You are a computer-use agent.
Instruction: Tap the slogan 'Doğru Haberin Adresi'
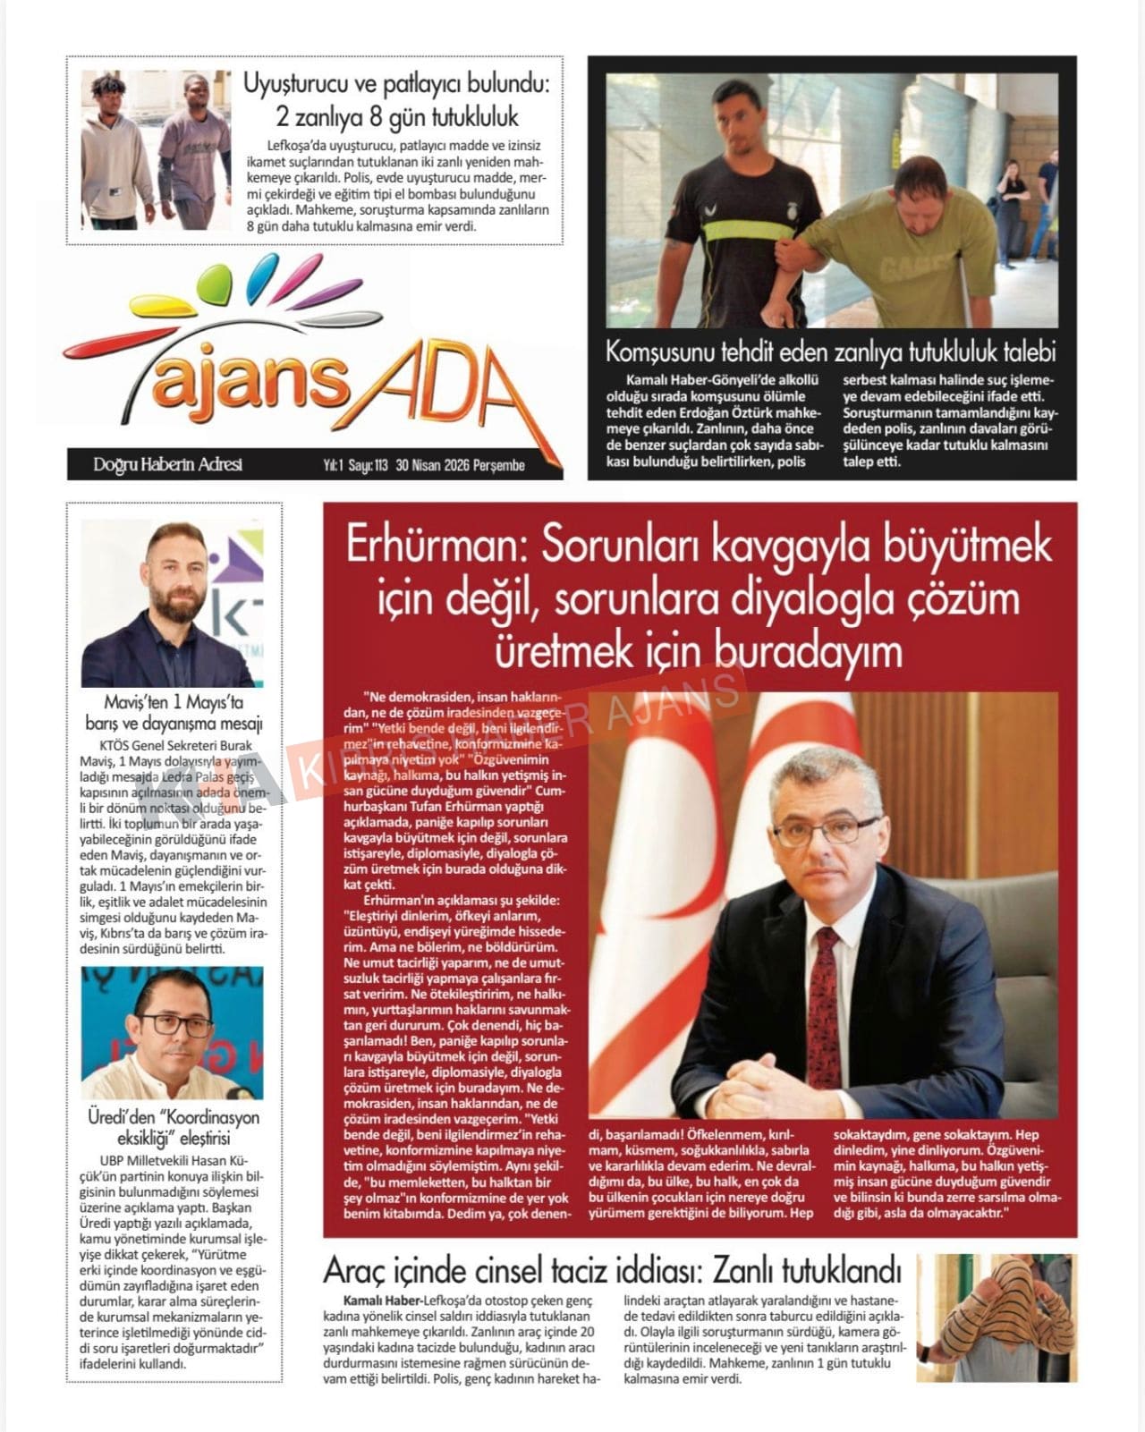167,464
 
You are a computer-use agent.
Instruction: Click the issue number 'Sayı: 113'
369,465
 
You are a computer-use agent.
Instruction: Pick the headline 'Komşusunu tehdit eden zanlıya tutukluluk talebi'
831,351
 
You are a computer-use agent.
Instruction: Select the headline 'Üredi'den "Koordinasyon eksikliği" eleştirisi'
174,1128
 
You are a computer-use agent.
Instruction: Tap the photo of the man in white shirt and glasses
172,1033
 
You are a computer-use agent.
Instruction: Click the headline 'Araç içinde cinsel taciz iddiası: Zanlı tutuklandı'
612,1270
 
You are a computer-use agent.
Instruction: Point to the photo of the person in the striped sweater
997,1317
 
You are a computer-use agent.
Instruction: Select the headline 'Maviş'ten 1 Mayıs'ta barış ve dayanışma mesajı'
174,713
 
